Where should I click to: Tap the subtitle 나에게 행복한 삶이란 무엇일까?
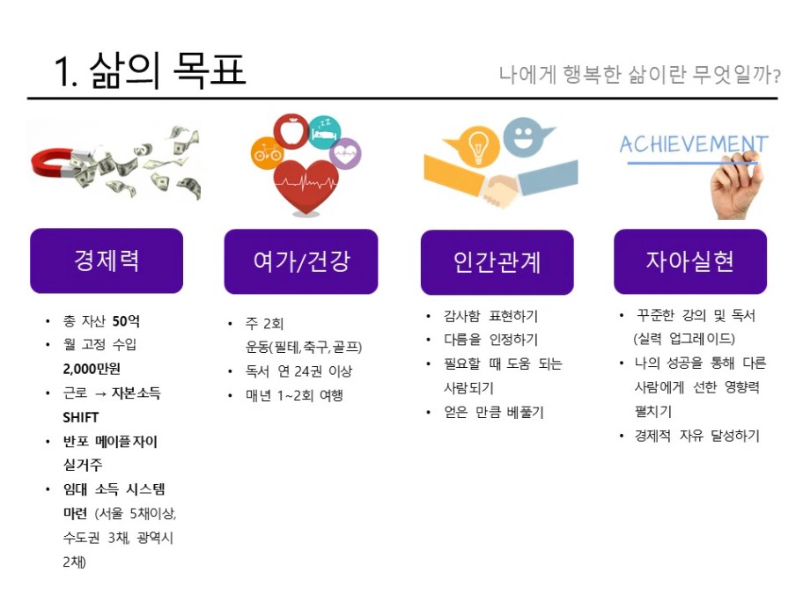coord(640,75)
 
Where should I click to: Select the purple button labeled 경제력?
coord(107,261)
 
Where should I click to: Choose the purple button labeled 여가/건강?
coord(301,261)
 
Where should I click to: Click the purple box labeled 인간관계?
coord(497,262)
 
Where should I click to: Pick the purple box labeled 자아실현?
coord(690,261)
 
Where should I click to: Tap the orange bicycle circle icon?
coord(266,153)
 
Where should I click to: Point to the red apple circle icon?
coord(291,131)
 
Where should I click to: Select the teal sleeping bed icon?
coord(325,133)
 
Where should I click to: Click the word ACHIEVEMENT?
coord(694,144)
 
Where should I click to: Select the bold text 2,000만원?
coord(92,369)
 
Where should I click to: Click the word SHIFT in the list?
coord(80,417)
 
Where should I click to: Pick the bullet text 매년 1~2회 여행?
coord(294,395)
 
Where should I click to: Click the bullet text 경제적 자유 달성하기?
coord(697,436)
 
